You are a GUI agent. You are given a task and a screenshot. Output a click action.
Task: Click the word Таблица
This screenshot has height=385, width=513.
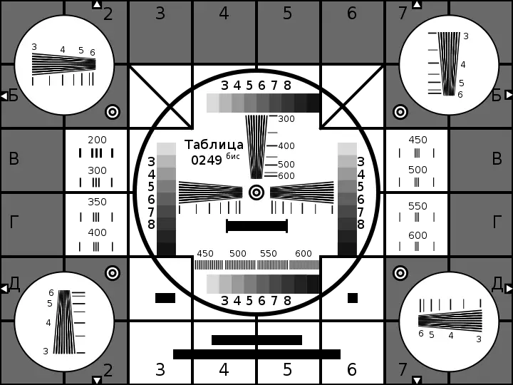point(214,145)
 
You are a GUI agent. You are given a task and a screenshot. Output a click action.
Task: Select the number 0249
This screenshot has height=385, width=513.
point(207,160)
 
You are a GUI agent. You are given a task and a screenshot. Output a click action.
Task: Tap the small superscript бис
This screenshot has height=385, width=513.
point(232,156)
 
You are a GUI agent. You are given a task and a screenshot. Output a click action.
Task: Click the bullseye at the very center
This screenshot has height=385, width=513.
point(256,192)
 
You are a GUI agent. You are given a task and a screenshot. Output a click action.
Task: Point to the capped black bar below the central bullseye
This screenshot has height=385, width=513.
point(256,226)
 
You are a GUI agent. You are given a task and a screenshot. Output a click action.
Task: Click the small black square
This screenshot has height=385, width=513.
point(353,298)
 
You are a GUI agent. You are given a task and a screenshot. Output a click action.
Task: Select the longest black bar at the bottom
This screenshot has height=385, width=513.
point(256,354)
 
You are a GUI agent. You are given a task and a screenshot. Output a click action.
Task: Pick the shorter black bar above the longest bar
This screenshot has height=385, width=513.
point(256,340)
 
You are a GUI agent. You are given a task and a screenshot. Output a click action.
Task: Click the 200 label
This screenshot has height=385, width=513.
point(97,140)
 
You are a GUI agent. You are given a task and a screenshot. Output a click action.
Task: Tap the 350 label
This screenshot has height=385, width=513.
point(97,202)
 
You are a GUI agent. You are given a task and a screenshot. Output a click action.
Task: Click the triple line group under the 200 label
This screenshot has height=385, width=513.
point(96,153)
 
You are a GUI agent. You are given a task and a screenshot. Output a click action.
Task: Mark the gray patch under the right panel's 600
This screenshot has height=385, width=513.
point(417,246)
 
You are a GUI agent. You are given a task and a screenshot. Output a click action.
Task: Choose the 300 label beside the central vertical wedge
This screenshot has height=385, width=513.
point(286,119)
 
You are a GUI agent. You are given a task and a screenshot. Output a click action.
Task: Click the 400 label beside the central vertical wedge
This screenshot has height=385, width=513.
point(286,146)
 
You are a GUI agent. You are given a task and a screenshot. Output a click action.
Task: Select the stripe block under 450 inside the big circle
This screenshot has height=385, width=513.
point(208,265)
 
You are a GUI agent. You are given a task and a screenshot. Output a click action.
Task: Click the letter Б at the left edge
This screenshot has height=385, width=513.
point(14,96)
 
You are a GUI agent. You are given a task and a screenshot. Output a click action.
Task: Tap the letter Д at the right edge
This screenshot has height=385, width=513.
point(497,284)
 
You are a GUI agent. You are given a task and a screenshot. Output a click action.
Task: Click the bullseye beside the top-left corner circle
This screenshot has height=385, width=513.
point(113,112)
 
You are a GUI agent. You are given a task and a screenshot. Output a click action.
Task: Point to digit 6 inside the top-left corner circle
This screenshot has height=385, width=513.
point(93,52)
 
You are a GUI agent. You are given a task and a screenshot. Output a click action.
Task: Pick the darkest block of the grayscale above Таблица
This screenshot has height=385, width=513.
point(313,103)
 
